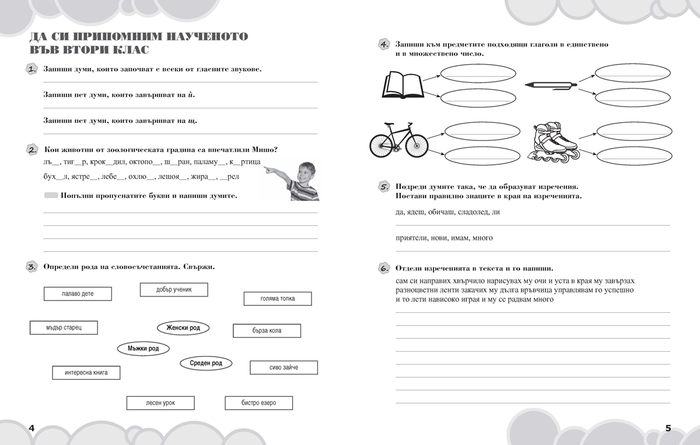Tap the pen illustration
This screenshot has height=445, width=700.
(x=551, y=85)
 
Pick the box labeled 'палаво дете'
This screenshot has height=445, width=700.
(x=78, y=294)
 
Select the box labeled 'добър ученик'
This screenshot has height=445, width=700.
(x=174, y=289)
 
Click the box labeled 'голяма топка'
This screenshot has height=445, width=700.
(x=277, y=299)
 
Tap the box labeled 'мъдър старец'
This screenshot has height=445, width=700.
(x=64, y=328)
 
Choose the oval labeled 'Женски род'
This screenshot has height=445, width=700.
(x=183, y=328)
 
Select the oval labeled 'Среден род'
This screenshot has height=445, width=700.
(x=206, y=363)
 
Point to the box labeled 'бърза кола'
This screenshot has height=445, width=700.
(x=267, y=331)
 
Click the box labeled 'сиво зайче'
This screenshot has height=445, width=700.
(x=283, y=368)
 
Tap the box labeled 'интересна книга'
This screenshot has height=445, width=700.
(x=86, y=372)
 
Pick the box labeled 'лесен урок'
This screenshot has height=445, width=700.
(x=160, y=402)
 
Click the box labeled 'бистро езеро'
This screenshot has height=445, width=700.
(x=258, y=402)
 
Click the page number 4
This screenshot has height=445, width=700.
(x=32, y=428)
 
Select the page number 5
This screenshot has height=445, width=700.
(x=668, y=428)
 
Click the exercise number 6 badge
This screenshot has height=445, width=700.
(x=384, y=269)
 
